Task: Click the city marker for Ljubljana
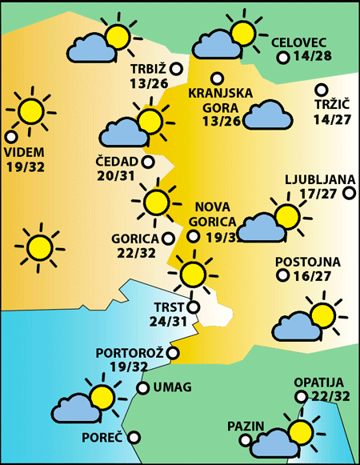(x=349, y=193)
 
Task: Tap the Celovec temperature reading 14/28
(x=313, y=57)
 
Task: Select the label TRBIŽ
(x=150, y=69)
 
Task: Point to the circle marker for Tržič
(x=322, y=90)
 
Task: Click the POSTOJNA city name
(x=308, y=262)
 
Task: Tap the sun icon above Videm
(x=31, y=110)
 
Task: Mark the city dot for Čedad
(x=148, y=162)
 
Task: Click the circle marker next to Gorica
(x=168, y=238)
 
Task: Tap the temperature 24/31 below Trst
(x=169, y=322)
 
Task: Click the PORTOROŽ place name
(x=130, y=352)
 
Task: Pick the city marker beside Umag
(x=143, y=388)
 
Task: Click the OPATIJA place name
(x=318, y=383)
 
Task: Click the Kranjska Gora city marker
(x=217, y=78)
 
